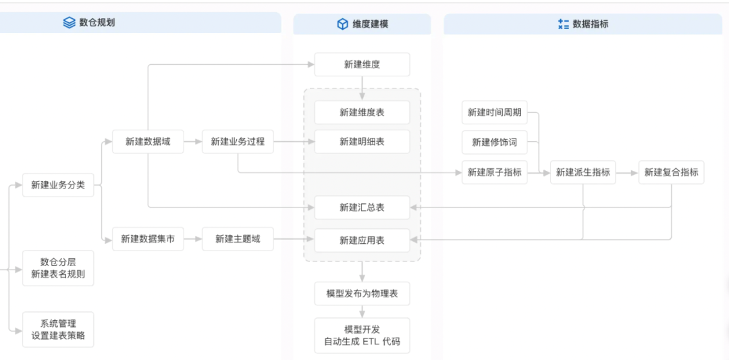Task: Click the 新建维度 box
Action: (362, 64)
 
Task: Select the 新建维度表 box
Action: (362, 112)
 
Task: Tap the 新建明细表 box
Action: (362, 142)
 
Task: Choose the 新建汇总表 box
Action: (362, 207)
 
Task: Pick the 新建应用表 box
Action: (362, 240)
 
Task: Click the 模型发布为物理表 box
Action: (362, 294)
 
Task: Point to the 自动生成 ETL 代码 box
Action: (362, 335)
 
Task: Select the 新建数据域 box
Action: (148, 142)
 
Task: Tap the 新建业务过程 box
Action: (238, 142)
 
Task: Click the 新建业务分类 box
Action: (58, 185)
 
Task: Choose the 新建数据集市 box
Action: (148, 239)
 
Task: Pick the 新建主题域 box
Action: (238, 239)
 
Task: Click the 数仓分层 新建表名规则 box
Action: (58, 268)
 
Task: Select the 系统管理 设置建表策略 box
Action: (58, 330)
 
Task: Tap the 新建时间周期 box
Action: (495, 112)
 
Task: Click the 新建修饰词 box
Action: (495, 143)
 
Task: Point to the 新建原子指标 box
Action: (495, 172)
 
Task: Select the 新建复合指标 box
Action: (671, 172)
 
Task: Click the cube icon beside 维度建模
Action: (342, 24)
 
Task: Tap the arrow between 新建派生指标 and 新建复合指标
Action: (627, 173)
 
